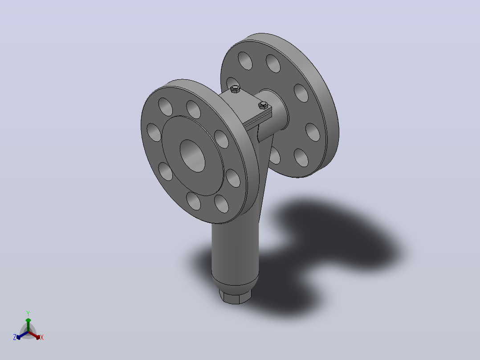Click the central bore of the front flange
[x=192, y=155]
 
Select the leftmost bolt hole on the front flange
[x=154, y=132]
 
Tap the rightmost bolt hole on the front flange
[x=233, y=178]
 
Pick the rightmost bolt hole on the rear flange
[x=313, y=132]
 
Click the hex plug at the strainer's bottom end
[x=235, y=296]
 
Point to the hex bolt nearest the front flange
[x=235, y=89]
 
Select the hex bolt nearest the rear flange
[x=263, y=105]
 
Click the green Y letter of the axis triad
[x=28, y=313]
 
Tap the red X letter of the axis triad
[x=42, y=337]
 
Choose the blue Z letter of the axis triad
[x=15, y=337]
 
